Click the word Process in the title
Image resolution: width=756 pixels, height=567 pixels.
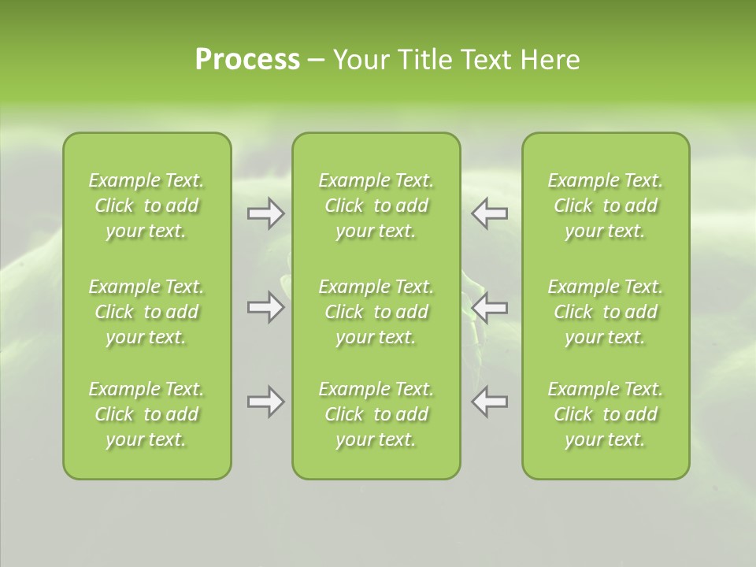pos(247,60)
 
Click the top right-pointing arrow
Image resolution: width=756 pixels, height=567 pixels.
pos(265,213)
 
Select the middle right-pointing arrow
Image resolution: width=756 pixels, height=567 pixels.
pos(265,307)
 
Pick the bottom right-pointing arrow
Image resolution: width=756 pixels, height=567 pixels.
pos(265,402)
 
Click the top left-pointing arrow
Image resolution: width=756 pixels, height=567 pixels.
pos(490,213)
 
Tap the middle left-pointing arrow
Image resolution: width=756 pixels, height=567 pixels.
pos(490,307)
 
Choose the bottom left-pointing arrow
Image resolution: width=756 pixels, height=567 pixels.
pos(490,402)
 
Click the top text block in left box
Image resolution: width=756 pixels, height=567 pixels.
pos(146,206)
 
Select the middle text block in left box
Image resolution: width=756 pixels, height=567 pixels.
pos(146,312)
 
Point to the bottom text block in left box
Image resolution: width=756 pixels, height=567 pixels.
pos(146,414)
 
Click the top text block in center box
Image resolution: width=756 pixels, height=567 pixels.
pos(376,206)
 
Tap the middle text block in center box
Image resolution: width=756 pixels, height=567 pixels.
pos(376,312)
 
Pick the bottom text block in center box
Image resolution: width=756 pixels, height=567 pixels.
pos(376,414)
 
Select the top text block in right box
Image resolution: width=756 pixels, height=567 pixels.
pos(606,206)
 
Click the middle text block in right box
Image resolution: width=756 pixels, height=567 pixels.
pos(606,312)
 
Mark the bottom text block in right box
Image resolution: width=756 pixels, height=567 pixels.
pos(606,414)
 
